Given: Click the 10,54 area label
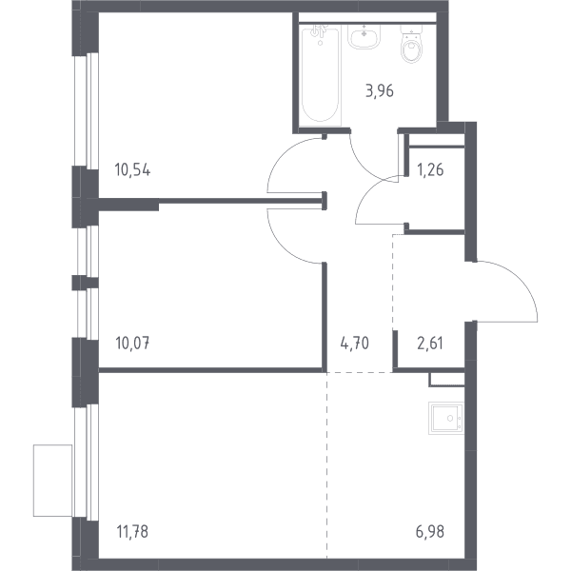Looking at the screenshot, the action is (x=132, y=170).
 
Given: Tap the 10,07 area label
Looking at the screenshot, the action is (x=132, y=343).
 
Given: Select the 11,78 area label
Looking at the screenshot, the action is (x=132, y=532).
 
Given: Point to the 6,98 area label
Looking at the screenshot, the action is (x=430, y=532).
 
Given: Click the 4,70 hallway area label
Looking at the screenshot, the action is (x=355, y=343).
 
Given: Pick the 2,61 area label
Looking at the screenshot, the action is (x=430, y=343).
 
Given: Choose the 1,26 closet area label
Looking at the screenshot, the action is (x=430, y=170).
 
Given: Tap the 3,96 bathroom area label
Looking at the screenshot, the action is (x=380, y=91).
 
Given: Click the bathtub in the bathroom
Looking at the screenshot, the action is (x=321, y=75).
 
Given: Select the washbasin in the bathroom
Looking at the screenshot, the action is (x=364, y=36).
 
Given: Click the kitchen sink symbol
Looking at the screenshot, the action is (x=446, y=418).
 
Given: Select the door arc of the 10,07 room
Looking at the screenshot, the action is (x=281, y=247).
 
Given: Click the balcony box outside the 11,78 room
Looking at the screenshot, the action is (x=52, y=481).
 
